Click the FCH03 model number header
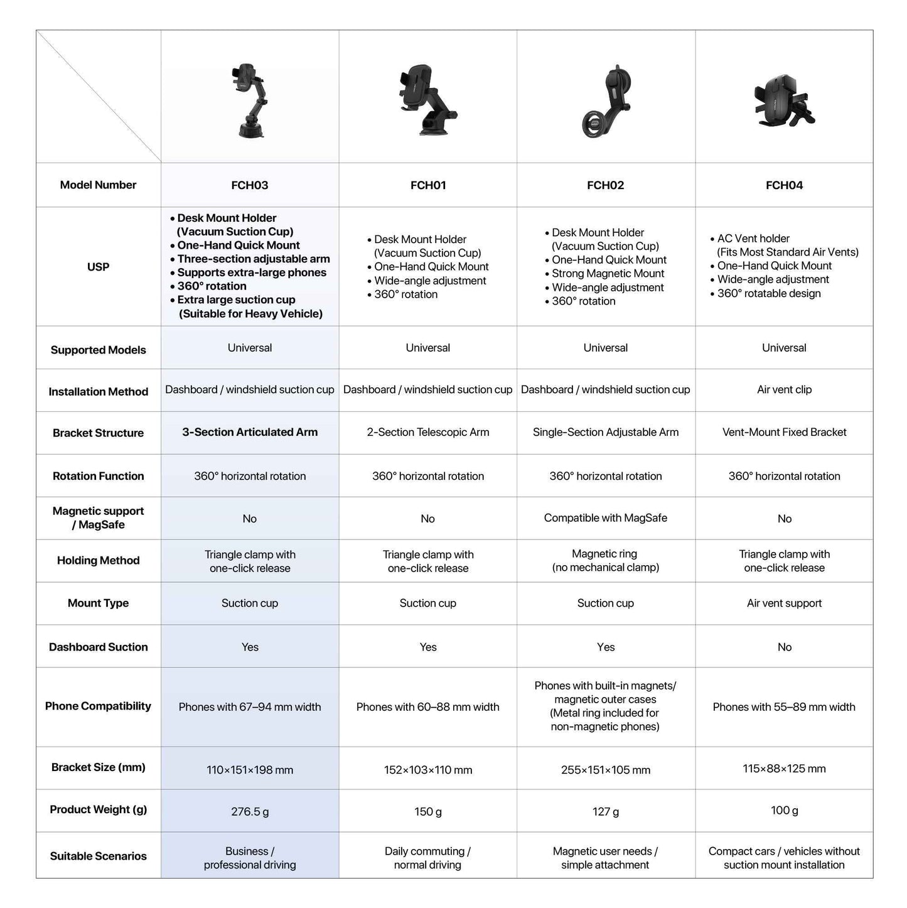click(x=250, y=185)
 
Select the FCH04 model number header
click(x=784, y=185)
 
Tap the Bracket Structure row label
click(x=98, y=433)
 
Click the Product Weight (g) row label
click(x=98, y=809)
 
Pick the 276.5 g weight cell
click(x=250, y=811)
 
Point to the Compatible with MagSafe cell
click(x=605, y=518)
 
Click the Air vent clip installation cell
click(x=784, y=389)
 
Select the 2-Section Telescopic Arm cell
click(x=428, y=432)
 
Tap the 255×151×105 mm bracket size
click(x=605, y=770)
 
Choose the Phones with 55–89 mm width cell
click(x=784, y=707)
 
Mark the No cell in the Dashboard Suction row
click(x=784, y=647)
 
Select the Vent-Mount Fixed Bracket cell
click(x=784, y=432)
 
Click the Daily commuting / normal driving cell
click(x=427, y=858)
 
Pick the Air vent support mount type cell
click(x=784, y=603)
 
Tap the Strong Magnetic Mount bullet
click(x=608, y=273)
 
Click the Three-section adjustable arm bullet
click(x=253, y=259)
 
